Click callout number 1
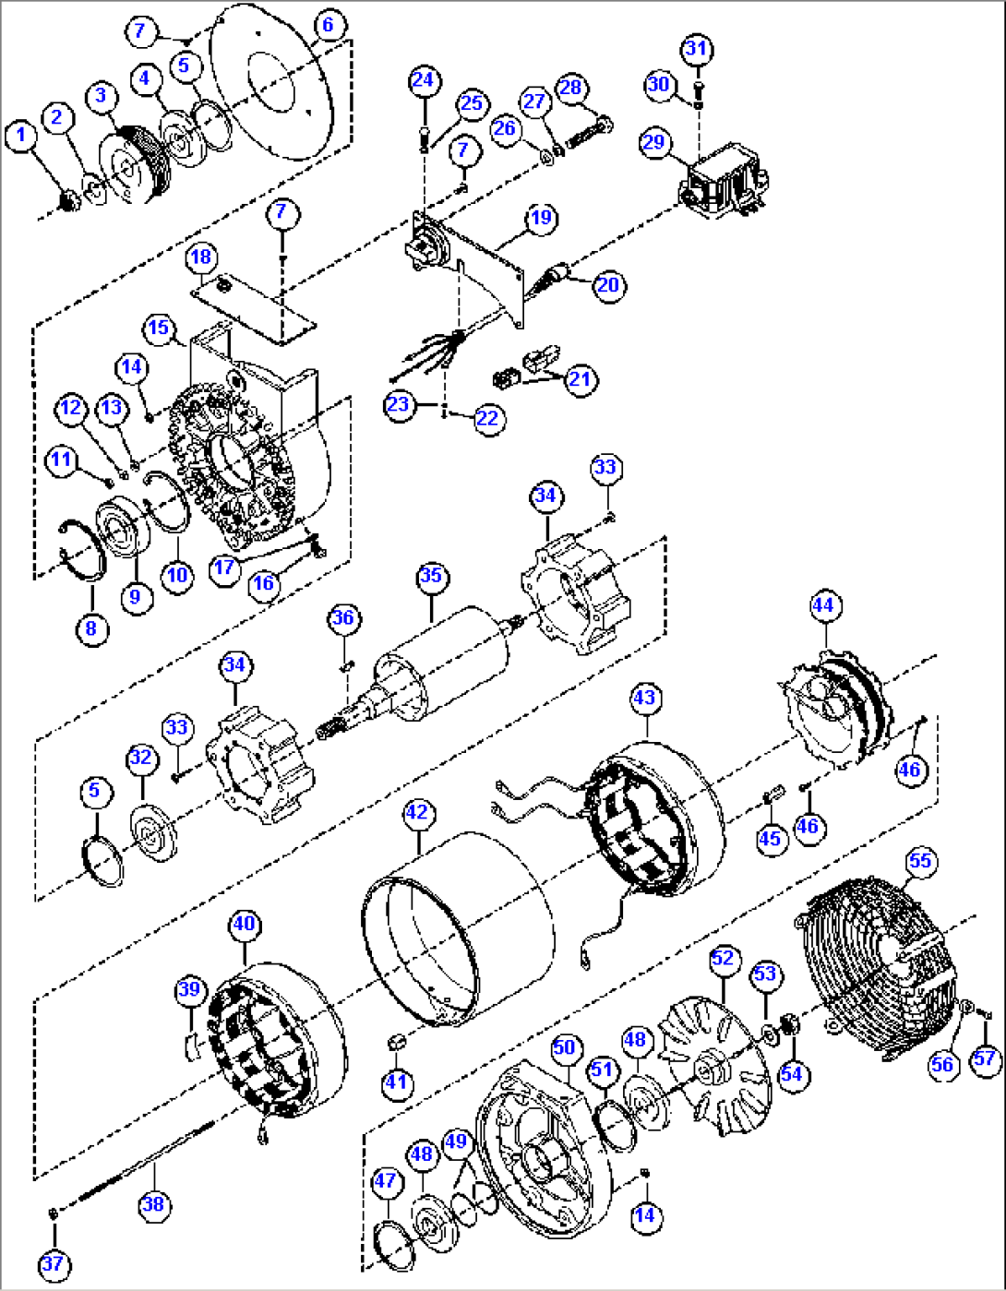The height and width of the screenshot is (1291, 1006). pos(21,137)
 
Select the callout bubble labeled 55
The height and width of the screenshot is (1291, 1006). pos(919,861)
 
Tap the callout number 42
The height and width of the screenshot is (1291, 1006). pos(417,812)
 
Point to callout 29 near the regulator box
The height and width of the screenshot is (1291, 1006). pos(653,142)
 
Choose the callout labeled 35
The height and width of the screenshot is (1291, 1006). pos(431,577)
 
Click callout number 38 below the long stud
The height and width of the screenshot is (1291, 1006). pos(153,1203)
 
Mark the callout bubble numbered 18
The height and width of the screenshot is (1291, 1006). pos(201,257)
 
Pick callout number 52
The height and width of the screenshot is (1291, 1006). pos(722,958)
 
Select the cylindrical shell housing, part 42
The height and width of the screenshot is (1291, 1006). pos(461,923)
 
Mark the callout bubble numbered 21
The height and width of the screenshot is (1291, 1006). pos(581,379)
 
